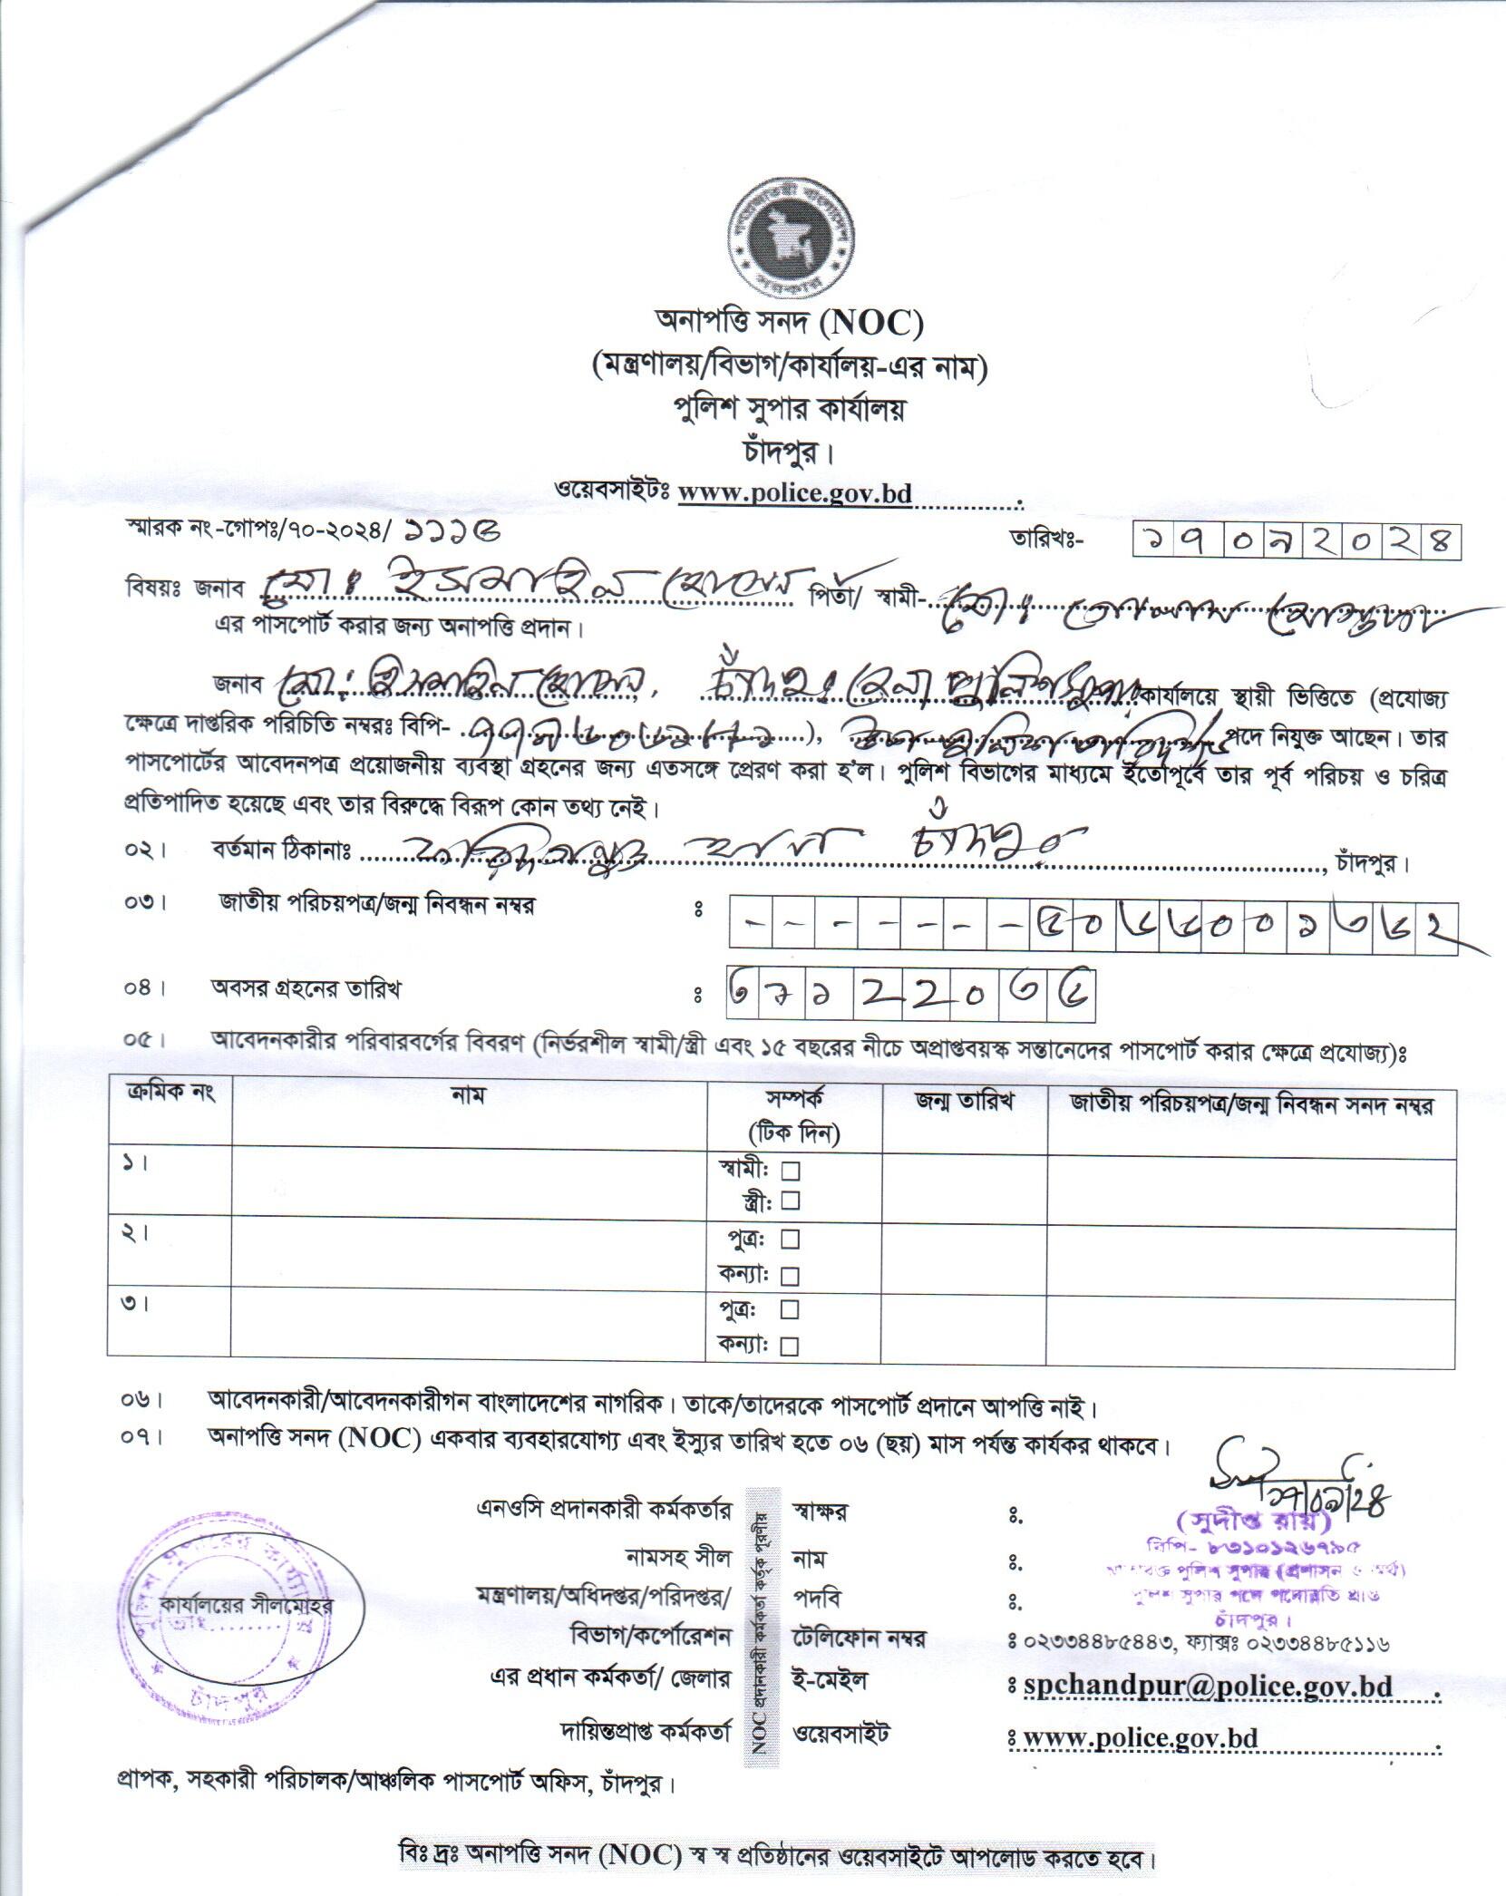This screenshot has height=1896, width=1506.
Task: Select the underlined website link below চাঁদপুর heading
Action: pos(795,493)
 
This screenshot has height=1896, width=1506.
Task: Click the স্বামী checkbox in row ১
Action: pos(791,1171)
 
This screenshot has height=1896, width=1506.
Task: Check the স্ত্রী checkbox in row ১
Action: pos(791,1201)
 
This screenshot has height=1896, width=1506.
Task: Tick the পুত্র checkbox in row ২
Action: pos(791,1239)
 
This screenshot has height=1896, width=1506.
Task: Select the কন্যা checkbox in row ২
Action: pos(791,1276)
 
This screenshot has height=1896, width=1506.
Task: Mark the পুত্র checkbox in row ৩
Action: pos(791,1309)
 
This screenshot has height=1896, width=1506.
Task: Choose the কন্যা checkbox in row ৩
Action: pos(791,1346)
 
